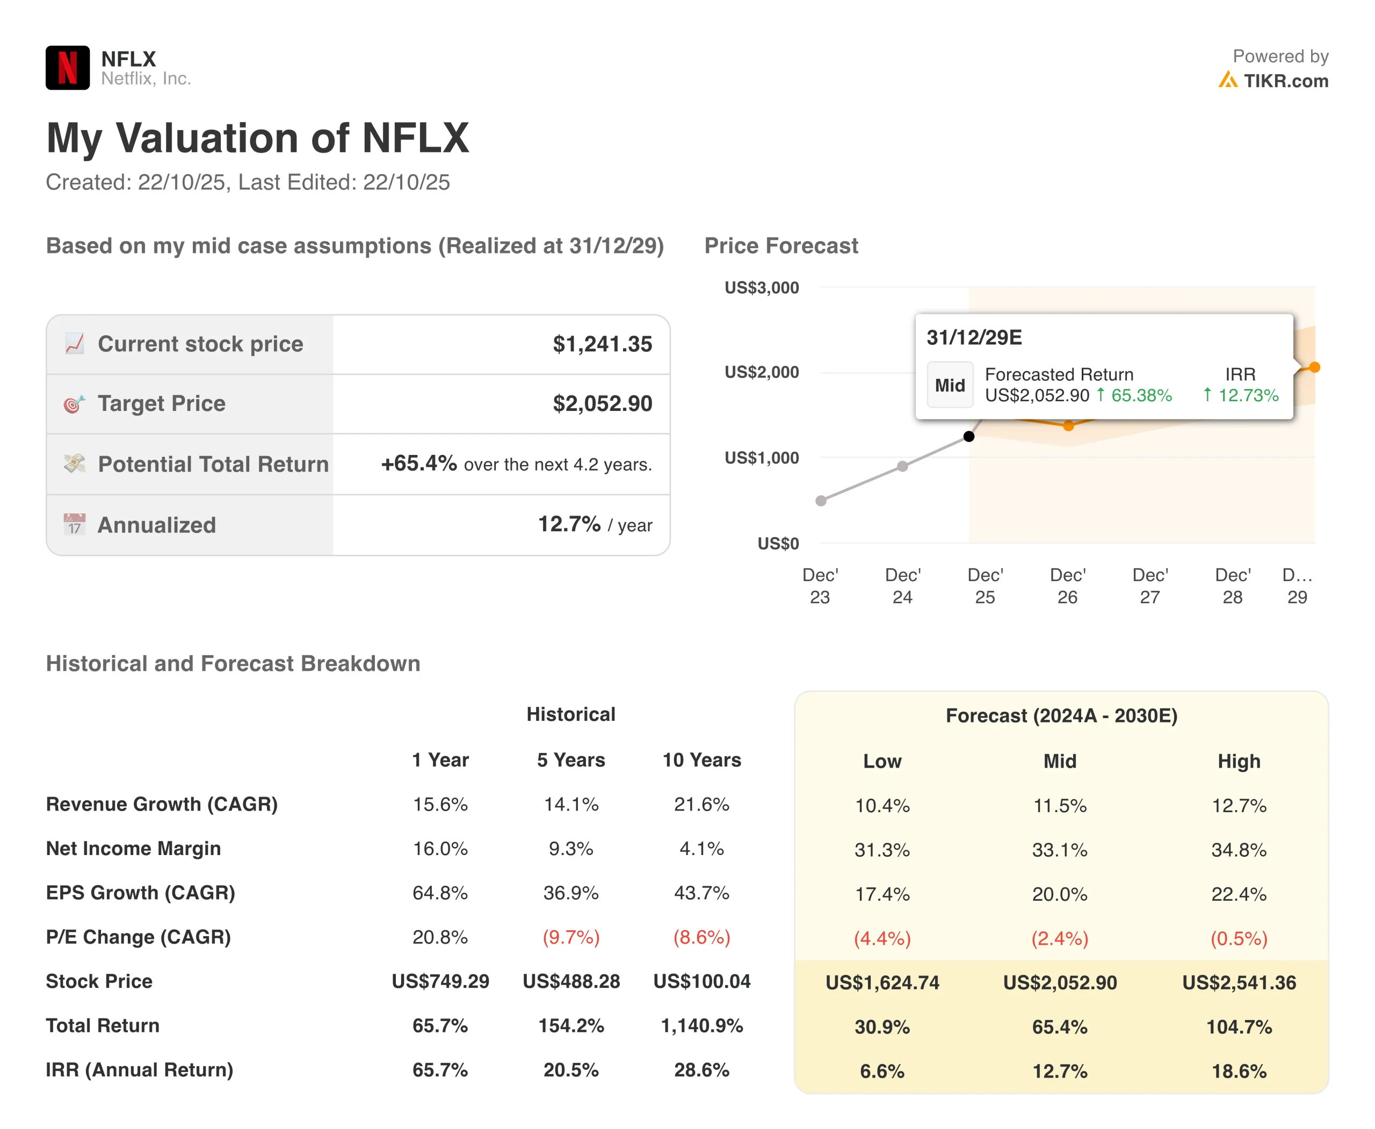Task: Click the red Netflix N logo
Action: point(68,68)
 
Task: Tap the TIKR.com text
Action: point(1285,81)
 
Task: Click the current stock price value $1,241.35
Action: point(602,344)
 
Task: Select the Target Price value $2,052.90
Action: point(602,404)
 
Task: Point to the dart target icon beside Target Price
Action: point(74,404)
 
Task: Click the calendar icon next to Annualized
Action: point(74,524)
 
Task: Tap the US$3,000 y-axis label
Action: point(762,287)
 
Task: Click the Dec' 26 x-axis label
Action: point(1067,585)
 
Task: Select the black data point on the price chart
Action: point(968,436)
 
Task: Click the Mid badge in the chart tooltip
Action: point(950,385)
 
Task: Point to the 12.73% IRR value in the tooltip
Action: point(1248,395)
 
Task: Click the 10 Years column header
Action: point(701,759)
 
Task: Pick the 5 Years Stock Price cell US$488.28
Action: point(571,981)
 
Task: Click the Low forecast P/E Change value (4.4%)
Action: point(882,938)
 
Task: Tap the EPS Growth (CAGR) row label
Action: point(141,892)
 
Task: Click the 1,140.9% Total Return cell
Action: point(701,1025)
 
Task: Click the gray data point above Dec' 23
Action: point(821,501)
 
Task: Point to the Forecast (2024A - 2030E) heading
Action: point(1061,715)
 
